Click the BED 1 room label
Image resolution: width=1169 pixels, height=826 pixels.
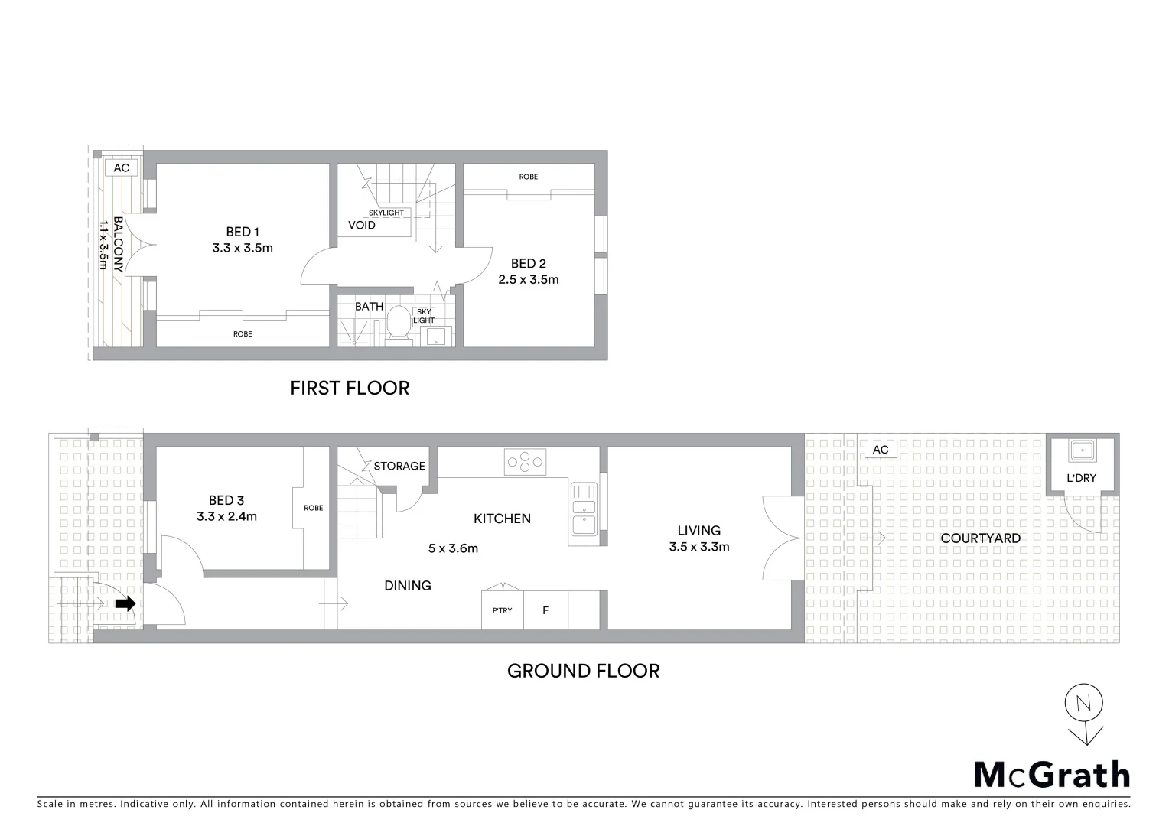(243, 232)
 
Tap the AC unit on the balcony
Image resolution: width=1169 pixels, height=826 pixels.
(122, 168)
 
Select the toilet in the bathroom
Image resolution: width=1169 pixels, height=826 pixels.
(398, 322)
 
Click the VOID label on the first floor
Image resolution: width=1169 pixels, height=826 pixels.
(361, 226)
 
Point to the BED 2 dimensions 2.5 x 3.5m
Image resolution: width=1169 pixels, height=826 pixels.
(529, 280)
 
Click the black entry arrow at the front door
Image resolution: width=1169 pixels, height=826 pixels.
(125, 603)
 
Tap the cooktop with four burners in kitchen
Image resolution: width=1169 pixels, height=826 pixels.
(525, 461)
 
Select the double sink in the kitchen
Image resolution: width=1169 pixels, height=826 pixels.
(583, 507)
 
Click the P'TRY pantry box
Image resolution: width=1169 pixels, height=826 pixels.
(502, 610)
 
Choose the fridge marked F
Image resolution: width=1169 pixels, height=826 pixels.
(545, 610)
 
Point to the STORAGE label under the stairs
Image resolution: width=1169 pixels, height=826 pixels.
(399, 466)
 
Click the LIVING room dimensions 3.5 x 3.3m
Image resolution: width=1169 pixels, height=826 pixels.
(698, 547)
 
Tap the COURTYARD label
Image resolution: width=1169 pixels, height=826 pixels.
(980, 538)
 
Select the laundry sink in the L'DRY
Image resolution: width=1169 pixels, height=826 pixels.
(1082, 450)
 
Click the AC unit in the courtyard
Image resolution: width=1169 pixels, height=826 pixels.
(881, 450)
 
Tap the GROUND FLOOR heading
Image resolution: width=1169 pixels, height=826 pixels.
(583, 671)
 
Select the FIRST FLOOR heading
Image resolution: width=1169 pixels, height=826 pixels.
(350, 389)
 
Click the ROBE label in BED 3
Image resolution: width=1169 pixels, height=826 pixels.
(313, 508)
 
